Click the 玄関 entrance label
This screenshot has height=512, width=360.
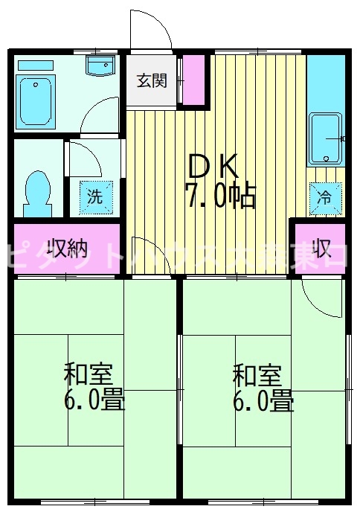point(151,80)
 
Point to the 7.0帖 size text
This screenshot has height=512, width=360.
point(220,196)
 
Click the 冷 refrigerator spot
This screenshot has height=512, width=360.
point(325,197)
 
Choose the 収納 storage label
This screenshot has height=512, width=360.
point(66,247)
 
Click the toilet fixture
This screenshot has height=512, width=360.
point(36,190)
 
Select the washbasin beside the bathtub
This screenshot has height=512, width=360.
point(98,67)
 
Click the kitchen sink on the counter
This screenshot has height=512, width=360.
point(325,138)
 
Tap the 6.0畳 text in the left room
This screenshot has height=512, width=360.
point(94,401)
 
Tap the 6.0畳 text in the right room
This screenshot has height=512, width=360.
point(263,401)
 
